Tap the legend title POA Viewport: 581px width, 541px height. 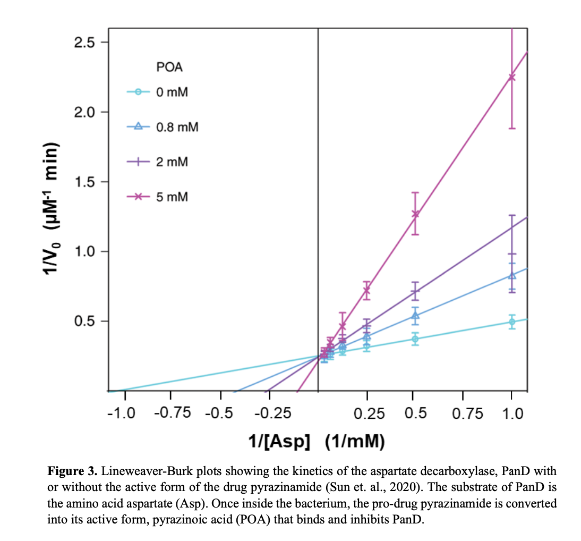(170, 67)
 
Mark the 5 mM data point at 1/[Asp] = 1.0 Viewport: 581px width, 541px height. (511, 77)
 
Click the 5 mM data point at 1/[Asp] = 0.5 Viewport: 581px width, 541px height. (415, 214)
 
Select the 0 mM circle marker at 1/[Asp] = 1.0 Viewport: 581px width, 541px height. (512, 322)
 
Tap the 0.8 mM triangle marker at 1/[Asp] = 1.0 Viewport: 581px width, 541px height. (512, 275)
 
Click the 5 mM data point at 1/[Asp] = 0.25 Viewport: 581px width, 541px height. (367, 289)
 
